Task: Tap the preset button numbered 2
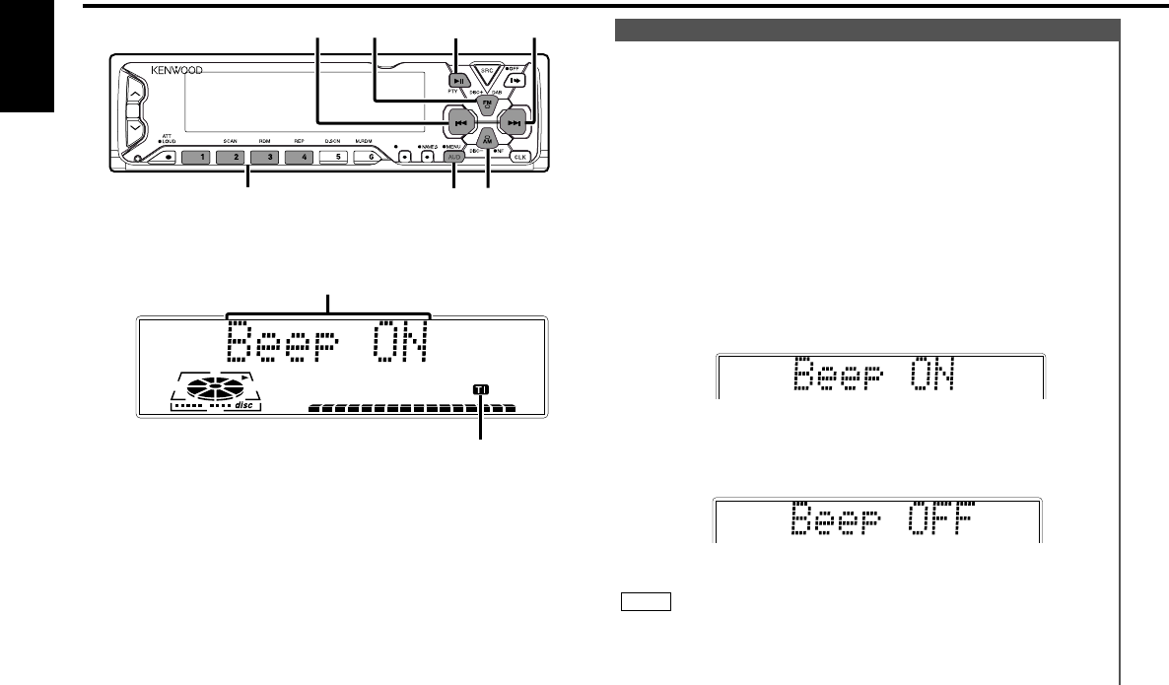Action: pos(230,158)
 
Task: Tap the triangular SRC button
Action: pos(486,75)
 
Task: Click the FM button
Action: pos(486,103)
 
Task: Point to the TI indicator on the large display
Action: pos(480,390)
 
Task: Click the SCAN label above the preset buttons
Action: pos(230,142)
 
